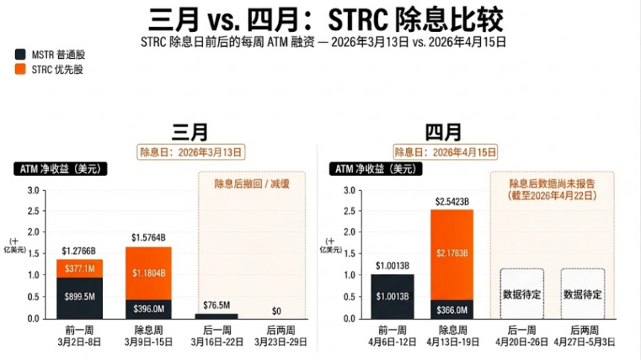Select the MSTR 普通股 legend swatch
click(19, 54)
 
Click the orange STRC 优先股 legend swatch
click(19, 69)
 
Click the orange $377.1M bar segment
click(78, 268)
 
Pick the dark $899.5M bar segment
click(78, 297)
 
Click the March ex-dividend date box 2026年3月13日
click(192, 152)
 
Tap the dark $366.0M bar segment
click(452, 309)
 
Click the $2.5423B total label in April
click(452, 201)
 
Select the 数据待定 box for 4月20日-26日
click(521, 294)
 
